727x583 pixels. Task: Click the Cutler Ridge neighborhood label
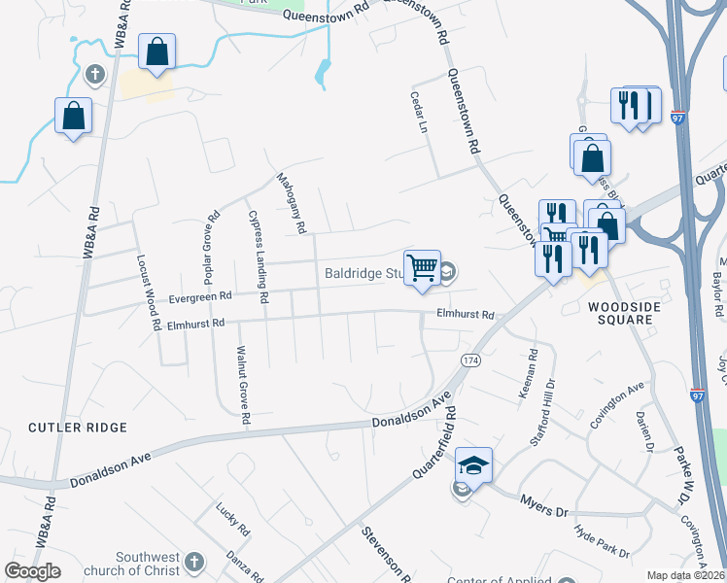pyautogui.click(x=78, y=428)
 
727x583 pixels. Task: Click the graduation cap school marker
pyautogui.click(x=473, y=465)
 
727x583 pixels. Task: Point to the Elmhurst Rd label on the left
pyautogui.click(x=196, y=324)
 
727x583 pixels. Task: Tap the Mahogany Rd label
pyautogui.click(x=290, y=203)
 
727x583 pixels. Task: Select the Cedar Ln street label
pyautogui.click(x=423, y=114)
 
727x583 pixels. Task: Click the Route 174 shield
pyautogui.click(x=471, y=360)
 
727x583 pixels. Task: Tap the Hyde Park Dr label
pyautogui.click(x=602, y=540)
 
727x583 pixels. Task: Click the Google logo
pyautogui.click(x=32, y=571)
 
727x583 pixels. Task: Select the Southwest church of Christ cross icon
pyautogui.click(x=193, y=562)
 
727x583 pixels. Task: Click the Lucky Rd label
pyautogui.click(x=232, y=517)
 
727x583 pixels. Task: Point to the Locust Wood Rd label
pyautogui.click(x=148, y=293)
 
